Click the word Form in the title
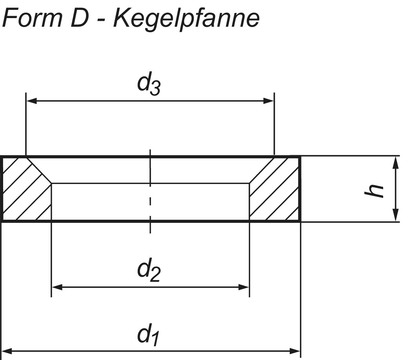pos(32,18)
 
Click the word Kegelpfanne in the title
pos(186,20)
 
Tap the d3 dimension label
pos(149,84)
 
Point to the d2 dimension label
pos(149,270)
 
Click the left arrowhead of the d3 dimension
pos(31,101)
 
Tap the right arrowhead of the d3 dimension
pos(269,101)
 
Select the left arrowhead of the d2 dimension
pos(57,287)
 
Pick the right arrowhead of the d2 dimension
pos(244,287)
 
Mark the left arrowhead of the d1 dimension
pos(7,351)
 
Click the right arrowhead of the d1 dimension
pos(295,351)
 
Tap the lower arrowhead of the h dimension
pos(396,215)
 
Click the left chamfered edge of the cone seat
pos(39,170)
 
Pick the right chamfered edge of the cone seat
pos(262,170)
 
